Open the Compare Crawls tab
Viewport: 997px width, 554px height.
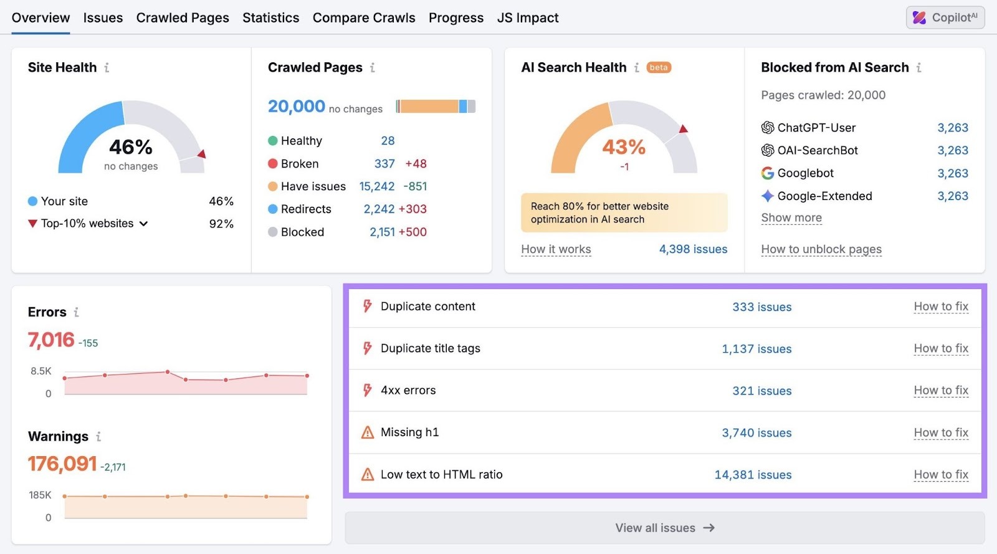click(364, 18)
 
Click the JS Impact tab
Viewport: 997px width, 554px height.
click(527, 18)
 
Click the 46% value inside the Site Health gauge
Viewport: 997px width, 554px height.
click(131, 147)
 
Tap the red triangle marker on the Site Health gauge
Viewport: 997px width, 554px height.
click(201, 153)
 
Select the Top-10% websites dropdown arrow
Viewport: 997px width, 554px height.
click(144, 224)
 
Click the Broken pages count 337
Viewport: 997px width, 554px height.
click(384, 164)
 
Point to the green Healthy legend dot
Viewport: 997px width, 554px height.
click(273, 141)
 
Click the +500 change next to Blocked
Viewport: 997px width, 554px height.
click(413, 232)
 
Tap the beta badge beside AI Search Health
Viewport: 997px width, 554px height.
click(659, 67)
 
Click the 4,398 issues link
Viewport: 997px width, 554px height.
click(693, 249)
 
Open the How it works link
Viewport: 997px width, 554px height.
click(556, 249)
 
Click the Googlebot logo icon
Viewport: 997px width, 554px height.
click(768, 173)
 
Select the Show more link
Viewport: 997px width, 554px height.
click(791, 217)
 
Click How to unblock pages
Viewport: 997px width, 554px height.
click(821, 249)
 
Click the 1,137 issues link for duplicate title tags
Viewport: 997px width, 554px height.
click(756, 349)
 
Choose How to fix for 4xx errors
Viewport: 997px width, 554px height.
click(941, 390)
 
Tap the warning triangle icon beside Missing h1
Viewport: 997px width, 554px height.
click(368, 432)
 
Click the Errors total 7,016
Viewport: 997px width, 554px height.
click(51, 340)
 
